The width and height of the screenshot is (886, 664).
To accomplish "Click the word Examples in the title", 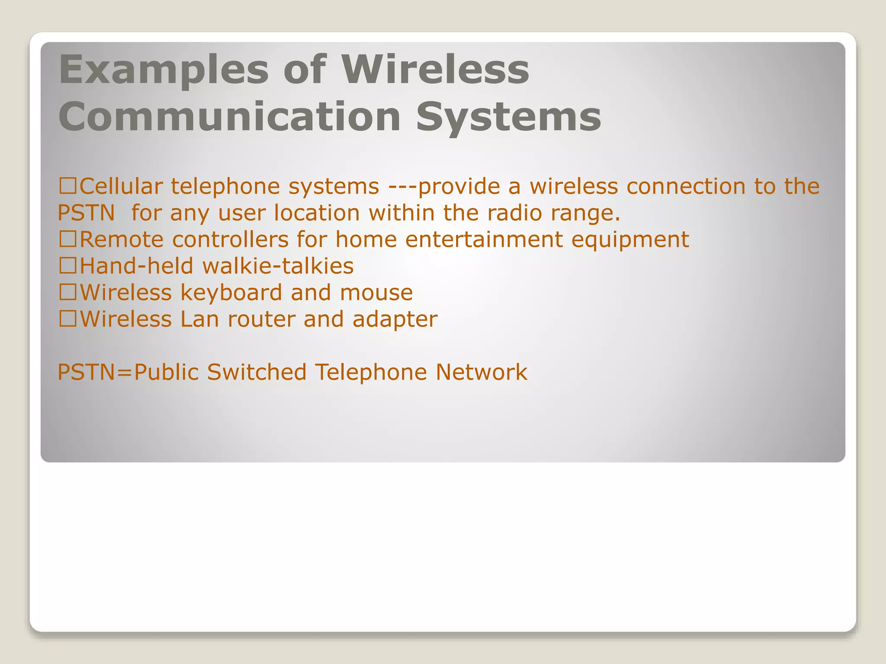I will pos(164,70).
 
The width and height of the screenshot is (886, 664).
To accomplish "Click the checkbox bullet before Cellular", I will pos(68,186).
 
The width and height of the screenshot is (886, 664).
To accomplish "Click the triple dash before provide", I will pos(403,187).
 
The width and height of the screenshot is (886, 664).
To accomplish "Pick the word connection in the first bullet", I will pos(686,187).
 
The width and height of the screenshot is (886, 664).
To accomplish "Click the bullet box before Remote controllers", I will pos(68,239).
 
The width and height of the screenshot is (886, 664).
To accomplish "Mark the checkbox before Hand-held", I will pos(68,266).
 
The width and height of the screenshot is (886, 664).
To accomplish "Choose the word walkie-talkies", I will pos(278,266).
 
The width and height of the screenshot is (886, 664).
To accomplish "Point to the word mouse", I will pos(376,293).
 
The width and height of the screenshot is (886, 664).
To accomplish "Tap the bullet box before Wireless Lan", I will pos(68,319).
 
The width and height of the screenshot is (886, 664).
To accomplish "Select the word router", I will pos(261,319).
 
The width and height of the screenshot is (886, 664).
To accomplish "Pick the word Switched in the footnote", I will pos(257,372).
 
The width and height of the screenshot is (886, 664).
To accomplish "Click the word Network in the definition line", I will pos(481,372).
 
